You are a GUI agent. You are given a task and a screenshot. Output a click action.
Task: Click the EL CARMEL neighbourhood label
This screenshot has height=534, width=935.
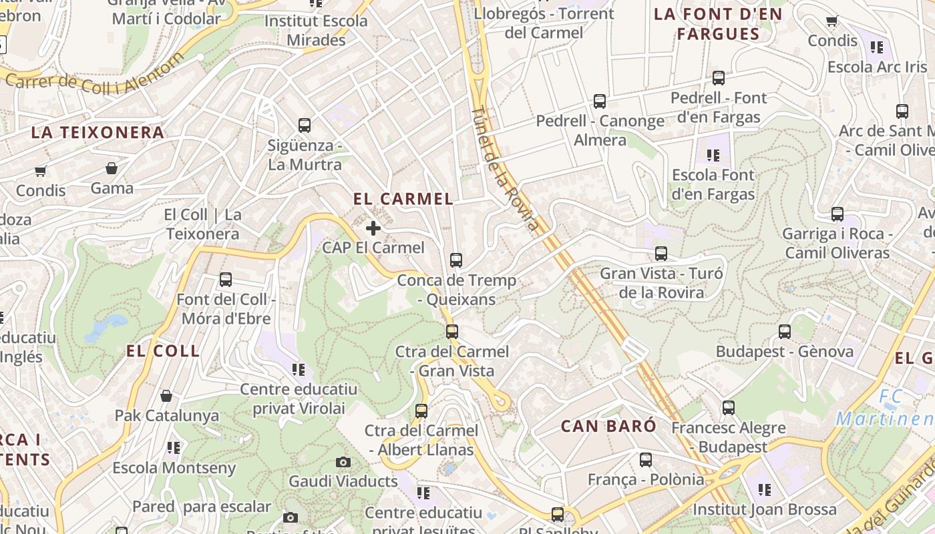[403, 199]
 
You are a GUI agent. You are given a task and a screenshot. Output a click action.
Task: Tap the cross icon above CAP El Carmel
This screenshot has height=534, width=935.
[373, 228]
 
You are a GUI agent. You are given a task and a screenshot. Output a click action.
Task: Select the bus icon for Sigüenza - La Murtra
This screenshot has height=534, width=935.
[305, 125]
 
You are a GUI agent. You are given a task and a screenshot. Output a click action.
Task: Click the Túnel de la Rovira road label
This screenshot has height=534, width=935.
[505, 168]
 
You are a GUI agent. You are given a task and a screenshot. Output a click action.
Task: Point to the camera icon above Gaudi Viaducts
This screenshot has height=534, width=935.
[343, 462]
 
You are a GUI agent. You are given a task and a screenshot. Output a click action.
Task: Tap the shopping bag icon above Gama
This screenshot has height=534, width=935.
[112, 168]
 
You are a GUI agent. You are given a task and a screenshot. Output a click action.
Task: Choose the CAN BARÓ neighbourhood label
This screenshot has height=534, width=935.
[608, 426]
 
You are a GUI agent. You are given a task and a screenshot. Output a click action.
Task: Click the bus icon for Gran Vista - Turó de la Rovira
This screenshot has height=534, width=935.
[661, 254]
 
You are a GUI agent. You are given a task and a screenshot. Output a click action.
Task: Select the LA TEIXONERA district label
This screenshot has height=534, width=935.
[98, 132]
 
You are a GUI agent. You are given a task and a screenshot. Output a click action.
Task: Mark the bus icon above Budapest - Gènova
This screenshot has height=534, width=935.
[785, 331]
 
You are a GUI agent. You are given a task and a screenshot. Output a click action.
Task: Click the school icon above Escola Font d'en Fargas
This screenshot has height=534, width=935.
[713, 156]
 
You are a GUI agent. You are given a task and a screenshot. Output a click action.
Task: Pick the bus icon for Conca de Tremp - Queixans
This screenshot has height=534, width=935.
[456, 260]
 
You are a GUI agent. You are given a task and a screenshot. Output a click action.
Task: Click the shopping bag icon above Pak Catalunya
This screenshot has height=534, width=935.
[166, 396]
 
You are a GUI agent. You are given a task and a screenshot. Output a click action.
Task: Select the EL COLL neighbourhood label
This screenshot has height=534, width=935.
[163, 351]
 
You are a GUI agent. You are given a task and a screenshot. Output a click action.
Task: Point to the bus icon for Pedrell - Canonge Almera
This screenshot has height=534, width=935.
[600, 101]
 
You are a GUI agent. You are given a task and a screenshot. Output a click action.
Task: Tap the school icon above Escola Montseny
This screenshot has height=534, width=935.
[174, 448]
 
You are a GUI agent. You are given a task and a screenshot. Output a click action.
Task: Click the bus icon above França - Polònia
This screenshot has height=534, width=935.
[645, 459]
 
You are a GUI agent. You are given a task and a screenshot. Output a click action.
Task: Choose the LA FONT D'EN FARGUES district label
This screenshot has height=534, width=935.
[718, 24]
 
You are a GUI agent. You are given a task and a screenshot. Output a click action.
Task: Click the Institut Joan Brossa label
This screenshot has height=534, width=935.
[764, 509]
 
